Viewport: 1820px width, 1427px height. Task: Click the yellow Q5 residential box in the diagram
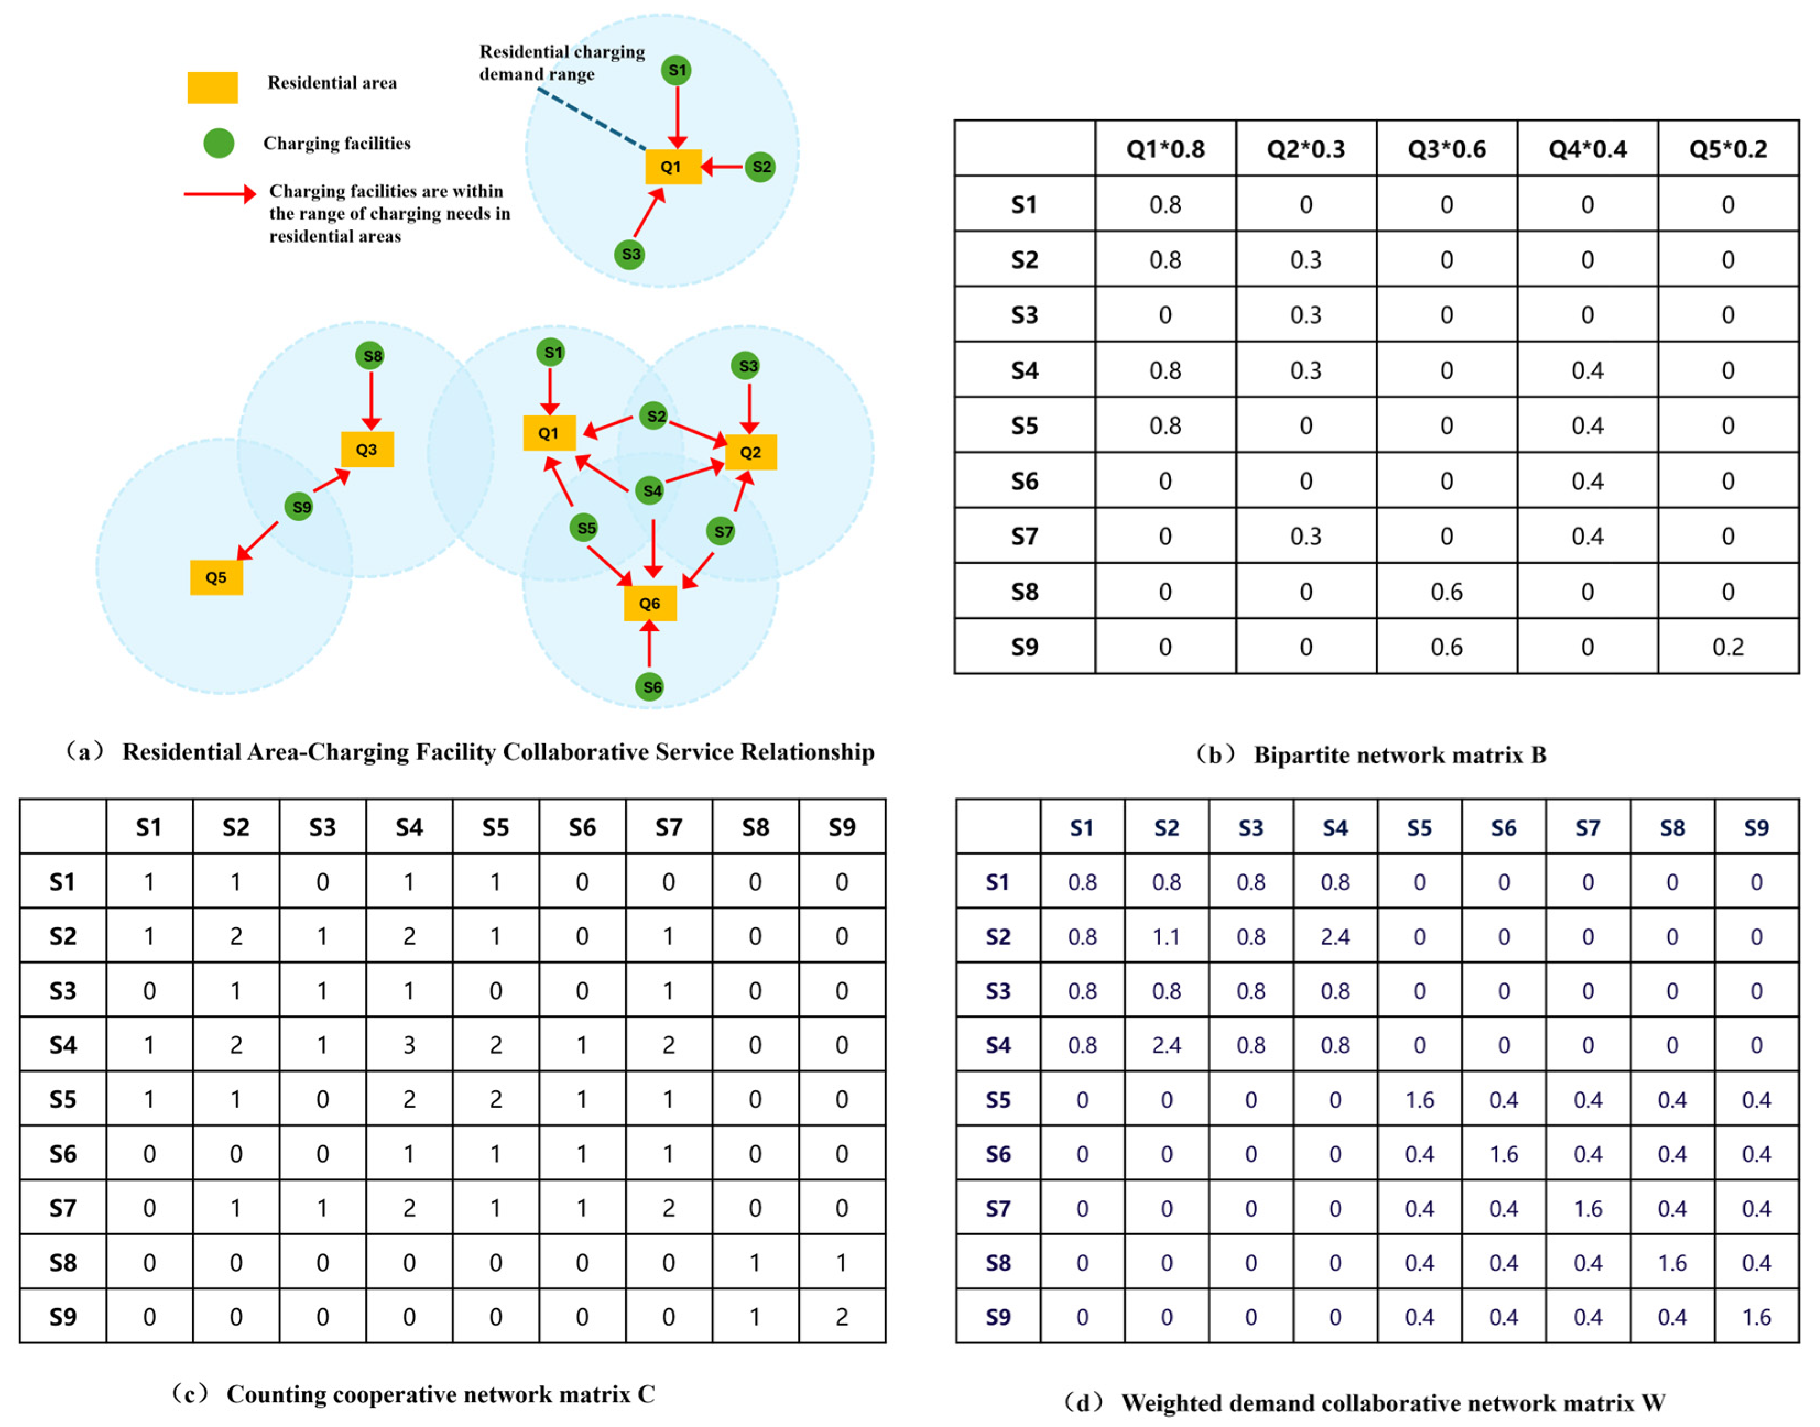(x=216, y=577)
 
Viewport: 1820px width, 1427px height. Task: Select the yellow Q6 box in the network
(x=649, y=603)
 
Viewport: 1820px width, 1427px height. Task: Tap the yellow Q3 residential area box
(x=367, y=450)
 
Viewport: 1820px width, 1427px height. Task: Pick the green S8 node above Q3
(x=370, y=356)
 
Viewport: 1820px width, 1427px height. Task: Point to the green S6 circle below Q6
(x=649, y=687)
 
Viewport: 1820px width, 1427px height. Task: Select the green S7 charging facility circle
(x=720, y=532)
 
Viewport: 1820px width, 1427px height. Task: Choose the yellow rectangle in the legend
(x=212, y=87)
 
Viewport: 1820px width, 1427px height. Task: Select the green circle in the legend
(x=219, y=143)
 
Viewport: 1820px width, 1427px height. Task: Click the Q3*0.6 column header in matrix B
(x=1446, y=149)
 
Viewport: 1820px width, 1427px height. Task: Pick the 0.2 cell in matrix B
(x=1728, y=647)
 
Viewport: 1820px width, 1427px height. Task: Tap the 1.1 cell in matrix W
(x=1167, y=937)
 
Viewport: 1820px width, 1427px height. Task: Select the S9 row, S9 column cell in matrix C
(x=842, y=1317)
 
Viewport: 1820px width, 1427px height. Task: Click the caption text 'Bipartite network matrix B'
(x=1399, y=755)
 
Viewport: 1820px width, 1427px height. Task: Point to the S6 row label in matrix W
(x=998, y=1154)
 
